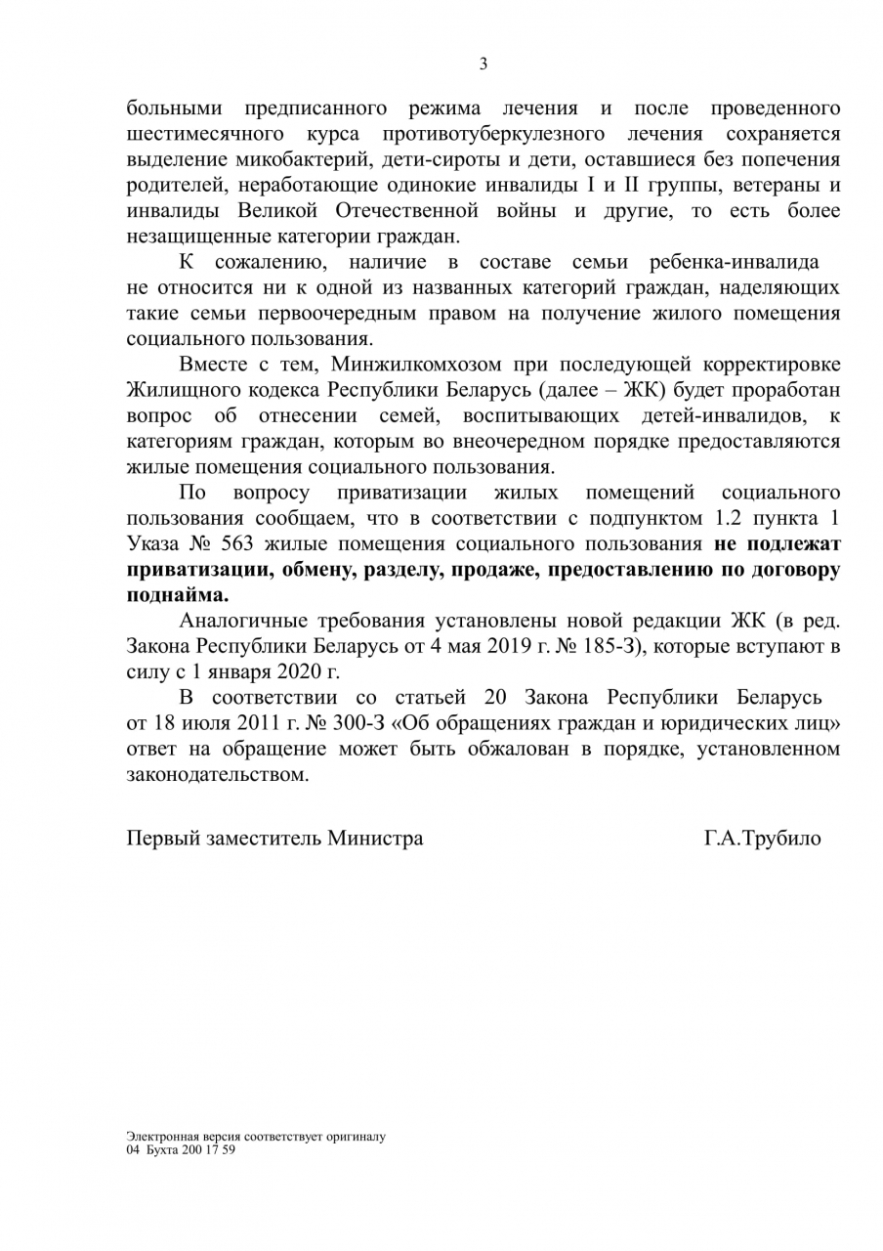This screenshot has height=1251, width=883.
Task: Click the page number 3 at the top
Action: point(483,65)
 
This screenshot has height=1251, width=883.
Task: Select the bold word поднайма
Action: point(176,594)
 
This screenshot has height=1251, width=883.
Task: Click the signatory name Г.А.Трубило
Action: point(762,839)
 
